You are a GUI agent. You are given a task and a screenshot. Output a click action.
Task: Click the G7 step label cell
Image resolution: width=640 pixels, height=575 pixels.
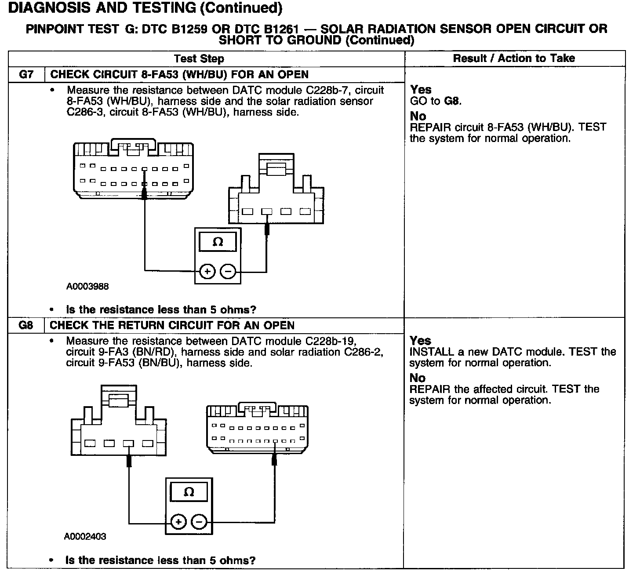[x=26, y=74]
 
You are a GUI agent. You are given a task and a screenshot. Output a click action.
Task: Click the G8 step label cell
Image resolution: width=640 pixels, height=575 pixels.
[x=26, y=325]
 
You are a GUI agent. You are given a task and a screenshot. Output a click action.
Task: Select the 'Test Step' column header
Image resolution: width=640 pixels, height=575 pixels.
[x=199, y=58]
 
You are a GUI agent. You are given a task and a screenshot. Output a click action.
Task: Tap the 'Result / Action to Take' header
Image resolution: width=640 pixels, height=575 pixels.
[x=514, y=58]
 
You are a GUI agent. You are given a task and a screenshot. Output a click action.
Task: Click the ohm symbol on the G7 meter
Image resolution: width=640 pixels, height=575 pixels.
[x=218, y=242]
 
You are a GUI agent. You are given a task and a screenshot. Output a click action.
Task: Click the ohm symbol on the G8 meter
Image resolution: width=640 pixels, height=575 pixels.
[x=189, y=492]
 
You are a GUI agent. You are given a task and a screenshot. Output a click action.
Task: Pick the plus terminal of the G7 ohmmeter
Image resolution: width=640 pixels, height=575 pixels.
[x=207, y=272]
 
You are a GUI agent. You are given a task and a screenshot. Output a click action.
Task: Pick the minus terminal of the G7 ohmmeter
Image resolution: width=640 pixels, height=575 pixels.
[x=228, y=272]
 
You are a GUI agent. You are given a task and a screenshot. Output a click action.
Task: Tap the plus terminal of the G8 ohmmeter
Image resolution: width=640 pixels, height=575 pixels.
[x=178, y=522]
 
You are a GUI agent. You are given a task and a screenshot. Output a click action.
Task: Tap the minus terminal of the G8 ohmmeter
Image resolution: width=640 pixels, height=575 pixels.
[x=199, y=522]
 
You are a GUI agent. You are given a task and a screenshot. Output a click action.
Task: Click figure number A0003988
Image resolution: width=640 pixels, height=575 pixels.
[x=87, y=287]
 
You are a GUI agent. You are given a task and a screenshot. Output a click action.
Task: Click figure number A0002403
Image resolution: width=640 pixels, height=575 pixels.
[x=85, y=536]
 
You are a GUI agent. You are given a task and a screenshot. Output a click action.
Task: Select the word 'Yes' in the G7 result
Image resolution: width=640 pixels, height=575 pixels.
[x=421, y=90]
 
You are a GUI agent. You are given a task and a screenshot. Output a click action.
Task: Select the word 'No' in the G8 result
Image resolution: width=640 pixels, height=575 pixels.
[x=417, y=378]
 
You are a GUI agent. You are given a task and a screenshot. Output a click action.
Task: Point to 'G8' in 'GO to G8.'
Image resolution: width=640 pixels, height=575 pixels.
[x=453, y=101]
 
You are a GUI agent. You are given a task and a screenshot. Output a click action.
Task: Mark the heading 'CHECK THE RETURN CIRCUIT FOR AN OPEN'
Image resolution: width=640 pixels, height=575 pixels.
[x=172, y=325]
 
